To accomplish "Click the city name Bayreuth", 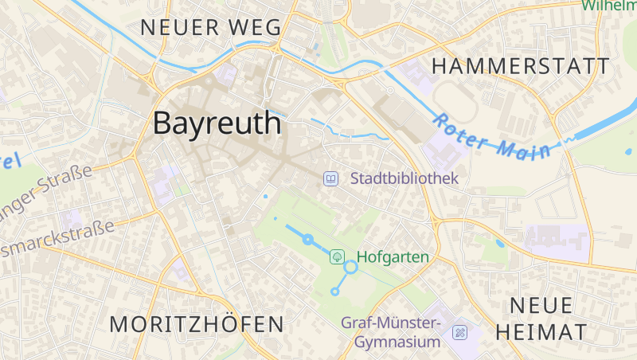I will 217,123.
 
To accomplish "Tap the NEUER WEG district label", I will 211,27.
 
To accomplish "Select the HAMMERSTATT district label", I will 521,66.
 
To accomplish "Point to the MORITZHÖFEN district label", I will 197,324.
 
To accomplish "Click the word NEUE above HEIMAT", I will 541,306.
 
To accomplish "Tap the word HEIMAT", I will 541,332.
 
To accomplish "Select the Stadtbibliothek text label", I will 404,178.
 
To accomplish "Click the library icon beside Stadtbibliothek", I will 330,178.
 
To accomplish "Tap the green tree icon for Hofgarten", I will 338,256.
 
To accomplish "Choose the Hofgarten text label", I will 393,257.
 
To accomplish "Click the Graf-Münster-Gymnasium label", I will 391,332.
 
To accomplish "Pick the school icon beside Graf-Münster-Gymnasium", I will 459,332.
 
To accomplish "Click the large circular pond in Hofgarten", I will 350,267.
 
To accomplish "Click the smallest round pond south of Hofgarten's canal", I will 334,292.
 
